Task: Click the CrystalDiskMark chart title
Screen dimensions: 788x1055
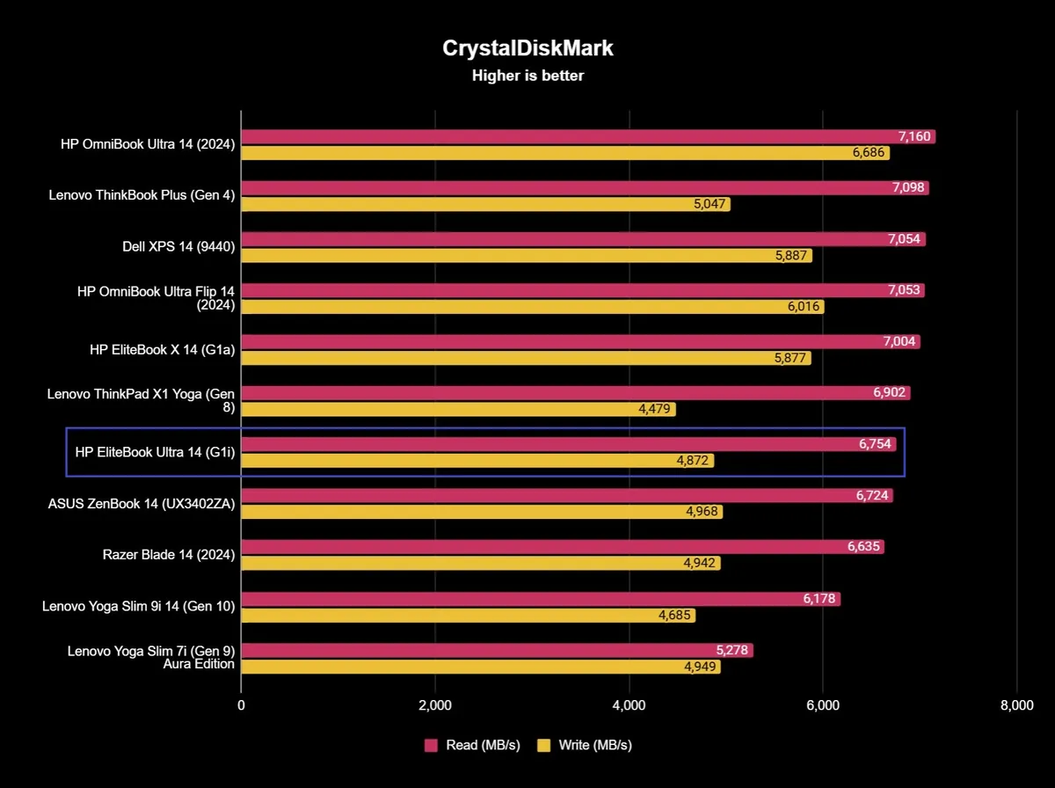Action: pos(527,48)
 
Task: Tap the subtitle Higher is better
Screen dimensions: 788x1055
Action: pos(527,76)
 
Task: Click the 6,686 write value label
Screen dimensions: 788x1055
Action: pos(869,153)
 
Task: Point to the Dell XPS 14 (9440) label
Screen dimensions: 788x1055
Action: pos(178,247)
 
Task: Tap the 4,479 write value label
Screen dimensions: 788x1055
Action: pos(655,410)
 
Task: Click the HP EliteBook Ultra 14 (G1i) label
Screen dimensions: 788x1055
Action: pos(155,453)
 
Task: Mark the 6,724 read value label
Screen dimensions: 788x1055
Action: pos(872,496)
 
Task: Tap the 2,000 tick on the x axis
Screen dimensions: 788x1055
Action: pos(435,705)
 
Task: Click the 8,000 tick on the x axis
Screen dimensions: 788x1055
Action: pos(1016,705)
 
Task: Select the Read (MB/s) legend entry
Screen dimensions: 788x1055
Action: pos(473,745)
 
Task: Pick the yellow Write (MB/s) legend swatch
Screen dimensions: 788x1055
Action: pos(543,745)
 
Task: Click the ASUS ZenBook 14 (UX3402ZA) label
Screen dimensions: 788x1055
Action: pos(142,504)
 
